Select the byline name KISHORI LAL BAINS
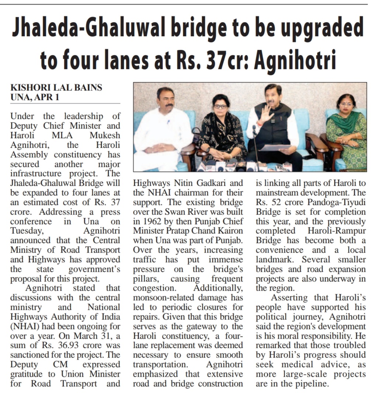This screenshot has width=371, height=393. click(56, 88)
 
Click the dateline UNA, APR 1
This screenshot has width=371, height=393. click(34, 97)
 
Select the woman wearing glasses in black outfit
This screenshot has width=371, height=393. click(221, 129)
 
